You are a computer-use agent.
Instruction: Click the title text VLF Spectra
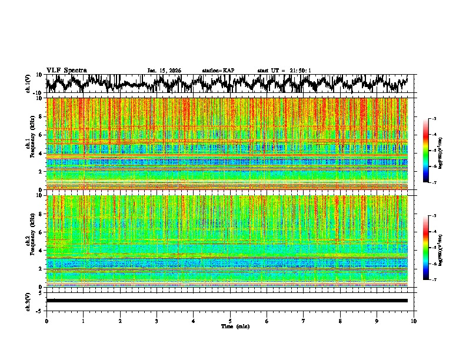pos(66,70)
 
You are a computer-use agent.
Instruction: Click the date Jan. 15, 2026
pos(164,71)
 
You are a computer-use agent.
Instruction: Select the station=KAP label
pos(218,71)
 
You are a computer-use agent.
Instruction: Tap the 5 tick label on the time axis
pos(230,321)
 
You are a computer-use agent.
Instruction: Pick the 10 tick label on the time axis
pos(414,321)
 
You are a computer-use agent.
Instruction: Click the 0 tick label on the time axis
pos(46,321)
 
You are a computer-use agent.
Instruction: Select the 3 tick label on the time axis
pos(157,321)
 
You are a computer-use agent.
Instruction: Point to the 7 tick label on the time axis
pos(304,321)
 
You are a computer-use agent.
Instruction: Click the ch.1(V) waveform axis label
pos(29,84)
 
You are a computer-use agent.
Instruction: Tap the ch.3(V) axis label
pos(29,300)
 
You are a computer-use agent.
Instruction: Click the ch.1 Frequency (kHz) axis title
pos(29,144)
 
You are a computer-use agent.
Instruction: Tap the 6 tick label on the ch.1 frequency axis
pos(40,135)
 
